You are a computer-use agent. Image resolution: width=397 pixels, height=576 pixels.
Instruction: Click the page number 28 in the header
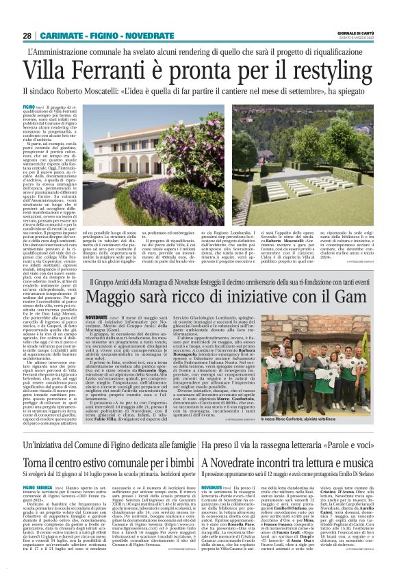click(x=27, y=35)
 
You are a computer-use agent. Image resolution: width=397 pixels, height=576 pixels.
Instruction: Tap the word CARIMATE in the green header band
click(x=64, y=35)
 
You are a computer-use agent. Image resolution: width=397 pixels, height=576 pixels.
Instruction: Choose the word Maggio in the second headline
click(x=120, y=298)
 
